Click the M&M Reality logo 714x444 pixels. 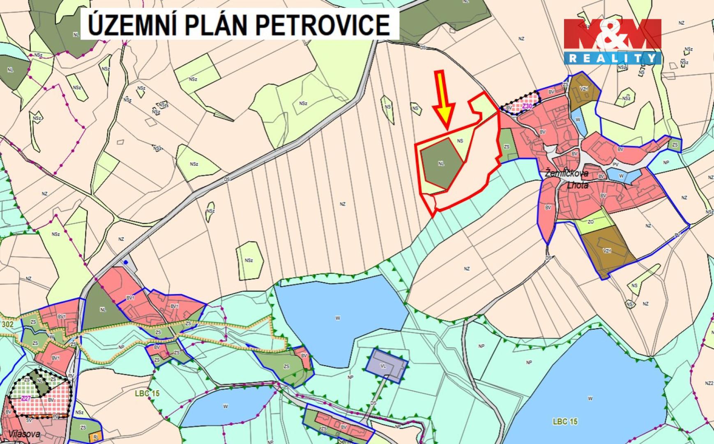pos(612,41)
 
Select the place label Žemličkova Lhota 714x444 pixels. pos(567,179)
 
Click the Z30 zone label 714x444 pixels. pos(527,106)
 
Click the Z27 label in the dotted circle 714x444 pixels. pos(26,398)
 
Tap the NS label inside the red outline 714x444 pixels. pos(460,141)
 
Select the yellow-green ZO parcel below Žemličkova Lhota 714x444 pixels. pos(592,222)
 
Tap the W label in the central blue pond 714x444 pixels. pos(338,318)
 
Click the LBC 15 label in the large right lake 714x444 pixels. pos(565,421)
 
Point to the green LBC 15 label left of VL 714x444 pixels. pos(147,393)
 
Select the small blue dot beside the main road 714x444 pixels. pos(126,261)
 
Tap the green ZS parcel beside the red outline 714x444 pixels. pos(508,146)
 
